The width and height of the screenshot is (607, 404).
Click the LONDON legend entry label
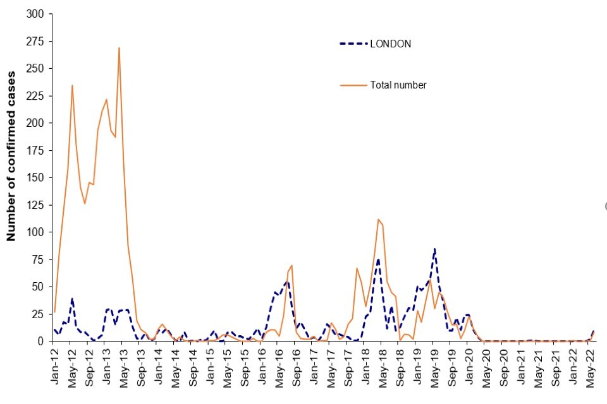coord(390,44)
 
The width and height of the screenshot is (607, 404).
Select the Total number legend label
coord(398,85)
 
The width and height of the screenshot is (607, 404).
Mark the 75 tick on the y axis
coord(40,259)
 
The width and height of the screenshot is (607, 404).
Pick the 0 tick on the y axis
coord(42,341)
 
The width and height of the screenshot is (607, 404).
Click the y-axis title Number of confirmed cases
coord(11,157)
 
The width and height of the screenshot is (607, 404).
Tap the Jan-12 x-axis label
coord(55,366)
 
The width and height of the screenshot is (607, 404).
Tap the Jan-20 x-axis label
coord(469,366)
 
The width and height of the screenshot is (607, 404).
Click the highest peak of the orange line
coord(119,48)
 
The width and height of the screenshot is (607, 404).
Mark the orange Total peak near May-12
coord(72,85)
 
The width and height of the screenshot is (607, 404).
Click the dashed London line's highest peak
coord(434,249)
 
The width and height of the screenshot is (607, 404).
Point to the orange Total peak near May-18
coord(377,219)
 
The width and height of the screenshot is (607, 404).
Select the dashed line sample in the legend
coord(353,44)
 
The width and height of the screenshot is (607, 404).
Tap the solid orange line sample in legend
coord(353,85)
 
